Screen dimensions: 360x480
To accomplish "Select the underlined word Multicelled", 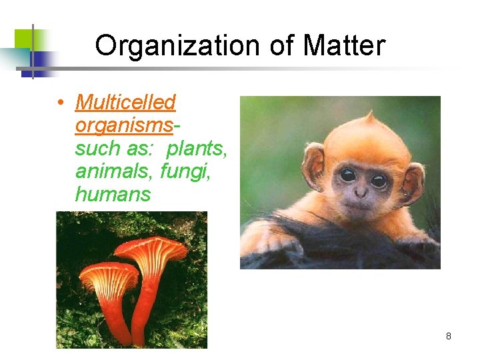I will pos(125,102).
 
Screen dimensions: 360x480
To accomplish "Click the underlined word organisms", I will pos(124,125).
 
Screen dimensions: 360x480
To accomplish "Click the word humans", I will pos(113,195).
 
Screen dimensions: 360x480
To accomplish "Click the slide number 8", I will pos(448,336).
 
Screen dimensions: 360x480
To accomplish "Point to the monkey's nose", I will pos(360,192).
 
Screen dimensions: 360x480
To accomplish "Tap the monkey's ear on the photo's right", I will pos(412,181).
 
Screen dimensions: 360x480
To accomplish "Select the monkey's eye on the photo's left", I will pos(347,175).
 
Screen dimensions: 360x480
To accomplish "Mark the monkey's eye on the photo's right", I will pos(379,180).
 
